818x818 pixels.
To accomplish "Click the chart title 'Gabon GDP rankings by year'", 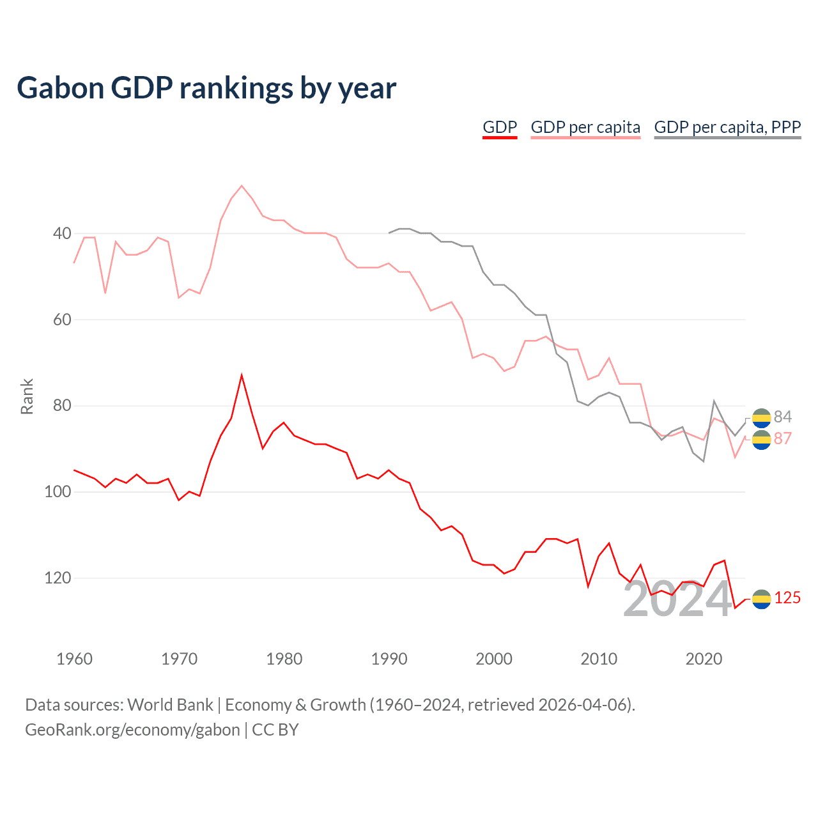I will [206, 88].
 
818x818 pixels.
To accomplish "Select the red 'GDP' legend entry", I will [500, 127].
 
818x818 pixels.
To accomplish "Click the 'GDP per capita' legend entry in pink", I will [585, 127].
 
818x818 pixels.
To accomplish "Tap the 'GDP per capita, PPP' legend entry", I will [727, 127].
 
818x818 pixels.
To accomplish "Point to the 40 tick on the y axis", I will [63, 233].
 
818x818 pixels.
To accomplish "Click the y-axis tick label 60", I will [63, 320].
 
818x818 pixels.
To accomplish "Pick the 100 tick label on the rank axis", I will [58, 491].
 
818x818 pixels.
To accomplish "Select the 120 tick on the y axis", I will [58, 578].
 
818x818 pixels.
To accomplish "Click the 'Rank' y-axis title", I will [27, 397].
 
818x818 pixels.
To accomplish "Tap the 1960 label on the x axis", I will [75, 659].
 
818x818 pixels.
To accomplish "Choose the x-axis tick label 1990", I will [389, 659].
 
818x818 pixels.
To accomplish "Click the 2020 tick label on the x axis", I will [704, 659].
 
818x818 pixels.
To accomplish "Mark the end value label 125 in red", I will [787, 598].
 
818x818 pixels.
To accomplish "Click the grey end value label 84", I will [783, 417].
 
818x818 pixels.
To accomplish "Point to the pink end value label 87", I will [783, 438].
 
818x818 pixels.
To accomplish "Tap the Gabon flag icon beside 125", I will [762, 599].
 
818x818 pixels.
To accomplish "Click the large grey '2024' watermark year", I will [677, 599].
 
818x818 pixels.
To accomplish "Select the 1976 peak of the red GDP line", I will [242, 375].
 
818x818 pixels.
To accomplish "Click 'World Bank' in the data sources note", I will [170, 705].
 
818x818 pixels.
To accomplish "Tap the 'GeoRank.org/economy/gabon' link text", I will [132, 730].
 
